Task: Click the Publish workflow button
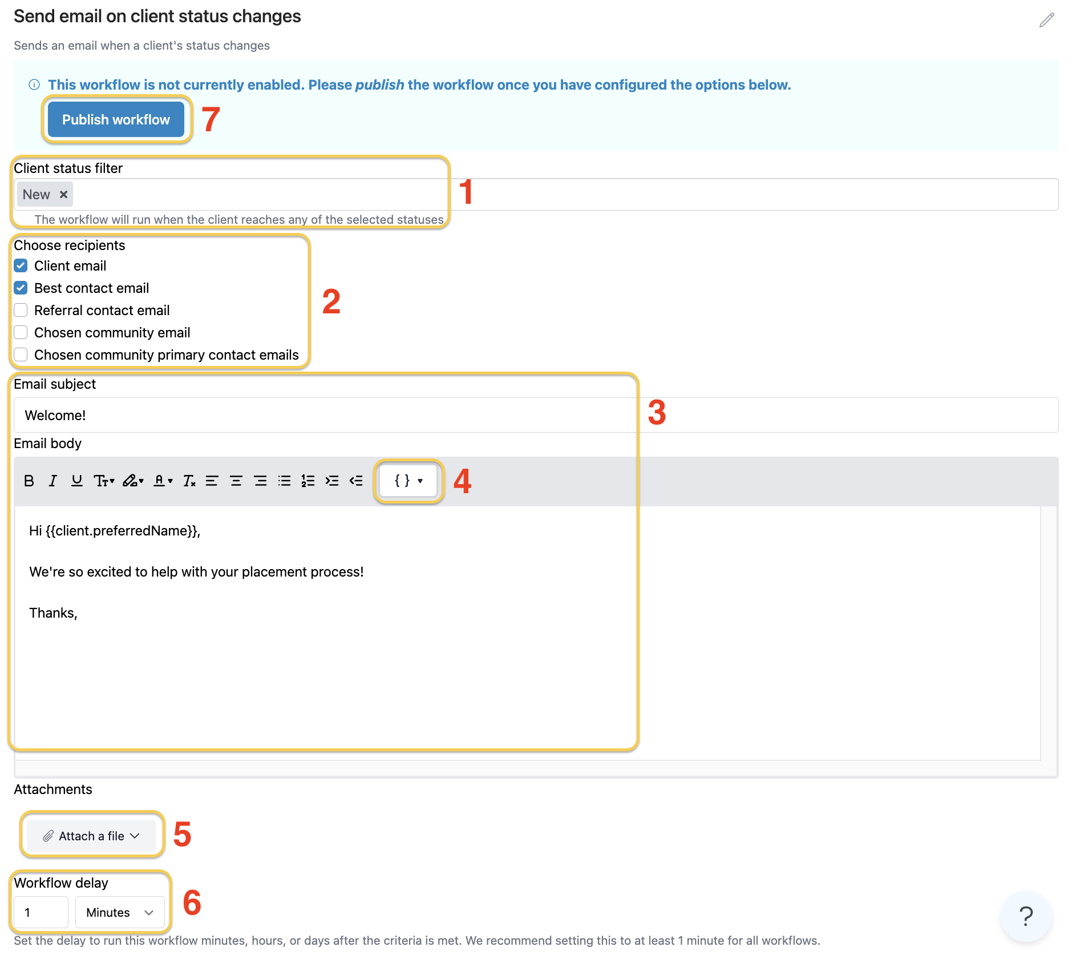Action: tap(116, 120)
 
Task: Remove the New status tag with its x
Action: tap(64, 195)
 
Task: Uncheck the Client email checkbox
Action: tap(21, 266)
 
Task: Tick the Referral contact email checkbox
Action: tap(21, 311)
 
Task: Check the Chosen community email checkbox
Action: tap(21, 333)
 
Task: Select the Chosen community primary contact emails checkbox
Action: tap(21, 355)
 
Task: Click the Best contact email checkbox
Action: tap(21, 288)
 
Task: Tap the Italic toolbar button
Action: tap(53, 481)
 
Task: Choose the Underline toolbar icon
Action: tap(76, 481)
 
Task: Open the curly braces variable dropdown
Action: tap(408, 481)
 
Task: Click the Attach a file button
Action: tap(91, 836)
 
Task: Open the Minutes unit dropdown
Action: tap(120, 913)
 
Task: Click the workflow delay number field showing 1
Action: tap(41, 913)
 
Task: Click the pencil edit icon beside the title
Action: tap(1046, 21)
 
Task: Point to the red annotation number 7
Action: tap(211, 120)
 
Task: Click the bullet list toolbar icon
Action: tap(284, 481)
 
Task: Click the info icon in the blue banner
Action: tap(34, 85)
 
